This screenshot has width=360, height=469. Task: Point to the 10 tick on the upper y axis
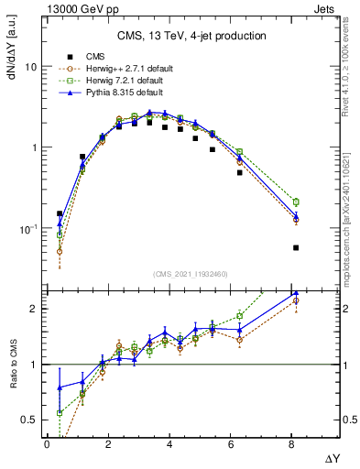(30, 68)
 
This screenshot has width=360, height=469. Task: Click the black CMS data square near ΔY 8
(296, 247)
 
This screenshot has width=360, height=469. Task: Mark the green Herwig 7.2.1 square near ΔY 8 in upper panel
(296, 202)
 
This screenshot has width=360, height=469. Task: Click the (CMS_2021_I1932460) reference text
(191, 274)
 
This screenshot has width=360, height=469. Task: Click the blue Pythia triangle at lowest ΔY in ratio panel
(60, 387)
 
